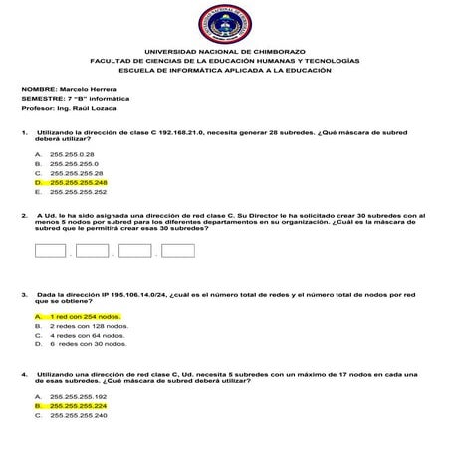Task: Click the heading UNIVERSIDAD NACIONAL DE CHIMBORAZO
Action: tap(225, 51)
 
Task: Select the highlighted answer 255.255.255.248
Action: tap(77, 183)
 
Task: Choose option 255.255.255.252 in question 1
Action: tap(77, 192)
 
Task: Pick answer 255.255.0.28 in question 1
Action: tap(71, 155)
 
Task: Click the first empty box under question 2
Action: tap(50, 250)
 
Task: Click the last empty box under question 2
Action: tap(175, 250)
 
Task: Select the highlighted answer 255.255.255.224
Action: tap(77, 406)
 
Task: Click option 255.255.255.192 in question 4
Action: tap(77, 396)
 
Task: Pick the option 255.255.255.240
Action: tap(77, 415)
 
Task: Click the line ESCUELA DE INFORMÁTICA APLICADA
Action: tap(225, 70)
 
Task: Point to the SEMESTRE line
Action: tap(66, 99)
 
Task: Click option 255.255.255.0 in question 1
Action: tap(73, 164)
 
